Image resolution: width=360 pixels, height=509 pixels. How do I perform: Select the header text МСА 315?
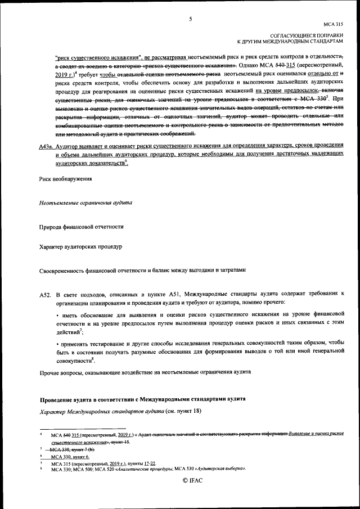332,25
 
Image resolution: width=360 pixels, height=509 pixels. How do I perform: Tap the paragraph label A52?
46,294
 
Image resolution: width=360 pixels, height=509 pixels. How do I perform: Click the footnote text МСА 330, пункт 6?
71,457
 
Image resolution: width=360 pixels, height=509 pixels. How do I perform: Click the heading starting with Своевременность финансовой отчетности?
143,270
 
